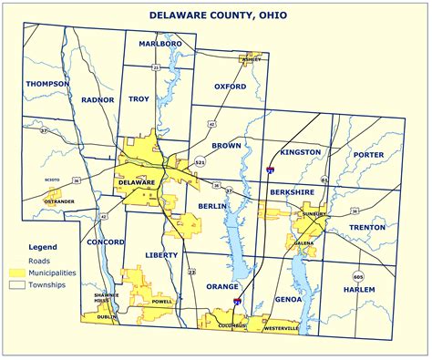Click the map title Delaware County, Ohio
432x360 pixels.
point(216,16)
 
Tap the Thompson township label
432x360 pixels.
point(47,84)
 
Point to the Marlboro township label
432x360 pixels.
point(160,44)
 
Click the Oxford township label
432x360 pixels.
point(230,87)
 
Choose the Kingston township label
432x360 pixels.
point(301,151)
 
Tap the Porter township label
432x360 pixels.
point(368,155)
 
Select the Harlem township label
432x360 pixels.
point(360,290)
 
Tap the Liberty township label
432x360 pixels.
point(160,255)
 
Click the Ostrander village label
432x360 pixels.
point(59,201)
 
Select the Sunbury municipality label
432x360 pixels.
point(314,214)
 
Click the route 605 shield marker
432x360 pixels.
point(358,275)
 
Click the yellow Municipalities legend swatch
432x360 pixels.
point(17,273)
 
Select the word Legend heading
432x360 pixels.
point(43,247)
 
